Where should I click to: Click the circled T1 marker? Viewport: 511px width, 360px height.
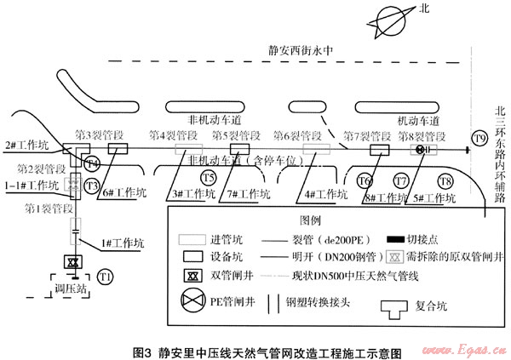tap(105, 277)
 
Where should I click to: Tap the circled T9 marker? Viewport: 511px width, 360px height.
tap(479, 139)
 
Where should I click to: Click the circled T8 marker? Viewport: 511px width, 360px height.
tap(444, 180)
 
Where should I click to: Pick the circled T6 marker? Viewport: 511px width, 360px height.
tap(365, 180)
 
